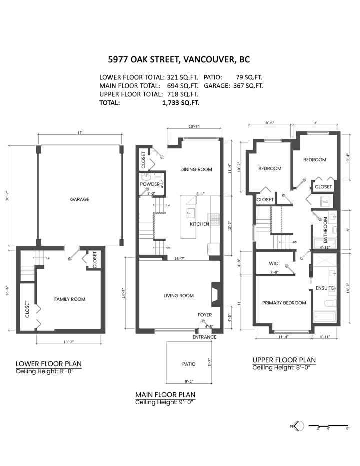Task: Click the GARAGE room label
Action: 79,199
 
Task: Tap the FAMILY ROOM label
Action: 70,299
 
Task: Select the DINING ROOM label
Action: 196,169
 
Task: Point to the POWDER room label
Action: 150,184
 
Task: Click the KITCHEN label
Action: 199,224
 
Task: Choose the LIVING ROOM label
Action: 178,296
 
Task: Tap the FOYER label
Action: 205,315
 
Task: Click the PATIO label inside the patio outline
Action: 189,364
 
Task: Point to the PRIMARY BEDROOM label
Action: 284,303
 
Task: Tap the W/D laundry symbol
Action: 325,202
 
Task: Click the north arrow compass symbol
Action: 298,426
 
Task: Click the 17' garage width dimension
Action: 80,133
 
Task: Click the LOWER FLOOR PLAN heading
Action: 48,364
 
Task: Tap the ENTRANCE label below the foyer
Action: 205,337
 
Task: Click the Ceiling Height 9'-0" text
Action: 165,402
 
